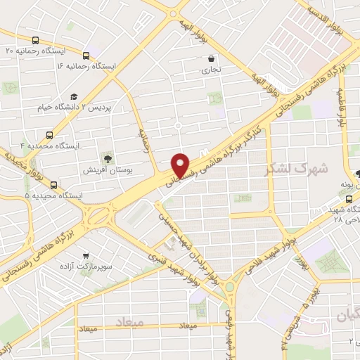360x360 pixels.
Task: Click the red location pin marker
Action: [181, 165]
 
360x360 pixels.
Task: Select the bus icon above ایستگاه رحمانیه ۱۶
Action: [86, 56]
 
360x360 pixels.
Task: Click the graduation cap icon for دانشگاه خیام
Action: [74, 97]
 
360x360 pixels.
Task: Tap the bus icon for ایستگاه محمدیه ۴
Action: [49, 134]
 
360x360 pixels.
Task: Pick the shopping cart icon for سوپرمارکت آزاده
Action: [85, 255]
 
